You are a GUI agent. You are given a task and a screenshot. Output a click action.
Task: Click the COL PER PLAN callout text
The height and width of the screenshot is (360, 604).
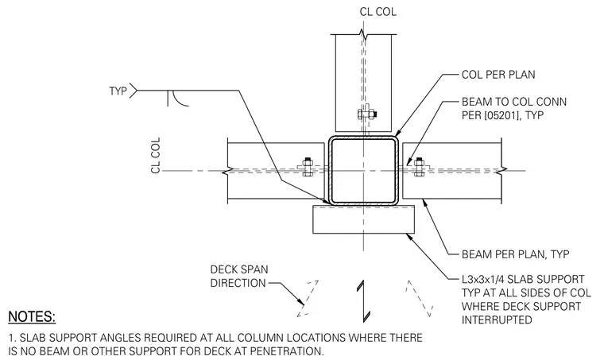(498, 75)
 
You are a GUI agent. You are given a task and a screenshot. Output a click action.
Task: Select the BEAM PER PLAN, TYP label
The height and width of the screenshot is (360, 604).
(515, 254)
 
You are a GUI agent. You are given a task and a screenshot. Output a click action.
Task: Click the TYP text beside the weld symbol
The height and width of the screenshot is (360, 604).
(118, 91)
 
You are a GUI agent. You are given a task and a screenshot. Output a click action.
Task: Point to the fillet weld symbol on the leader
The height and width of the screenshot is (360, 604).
(177, 99)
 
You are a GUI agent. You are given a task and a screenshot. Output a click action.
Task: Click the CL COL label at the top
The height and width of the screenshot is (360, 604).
(377, 12)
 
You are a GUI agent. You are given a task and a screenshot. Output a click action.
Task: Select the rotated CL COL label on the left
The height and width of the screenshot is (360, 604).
(156, 155)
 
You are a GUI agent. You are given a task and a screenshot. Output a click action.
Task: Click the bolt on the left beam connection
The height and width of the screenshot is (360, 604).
(308, 167)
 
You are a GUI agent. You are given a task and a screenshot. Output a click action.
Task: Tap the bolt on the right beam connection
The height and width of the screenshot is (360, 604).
(419, 167)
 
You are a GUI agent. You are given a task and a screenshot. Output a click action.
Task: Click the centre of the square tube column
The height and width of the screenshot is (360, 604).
(363, 171)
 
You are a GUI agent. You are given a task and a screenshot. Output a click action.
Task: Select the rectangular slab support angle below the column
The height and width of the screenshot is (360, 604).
(364, 219)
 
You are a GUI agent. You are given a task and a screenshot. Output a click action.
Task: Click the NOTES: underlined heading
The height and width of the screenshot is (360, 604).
(32, 317)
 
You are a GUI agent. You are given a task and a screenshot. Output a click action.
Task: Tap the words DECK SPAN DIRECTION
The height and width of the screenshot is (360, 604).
(239, 276)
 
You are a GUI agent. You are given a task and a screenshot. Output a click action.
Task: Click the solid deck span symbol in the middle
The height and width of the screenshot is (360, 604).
(363, 301)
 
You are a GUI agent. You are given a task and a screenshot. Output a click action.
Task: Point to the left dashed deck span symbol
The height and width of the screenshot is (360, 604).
(308, 299)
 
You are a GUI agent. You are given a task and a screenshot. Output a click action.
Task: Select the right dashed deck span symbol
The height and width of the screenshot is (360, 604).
(420, 299)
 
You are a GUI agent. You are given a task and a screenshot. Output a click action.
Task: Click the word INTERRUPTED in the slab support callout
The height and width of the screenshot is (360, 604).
(497, 320)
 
